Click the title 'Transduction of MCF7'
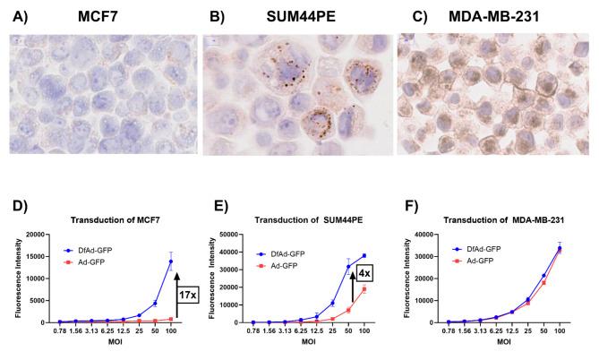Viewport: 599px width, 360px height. [x=105, y=221]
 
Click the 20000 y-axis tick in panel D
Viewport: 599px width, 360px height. [x=39, y=235]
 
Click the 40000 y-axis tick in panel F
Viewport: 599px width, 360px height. [x=432, y=235]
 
